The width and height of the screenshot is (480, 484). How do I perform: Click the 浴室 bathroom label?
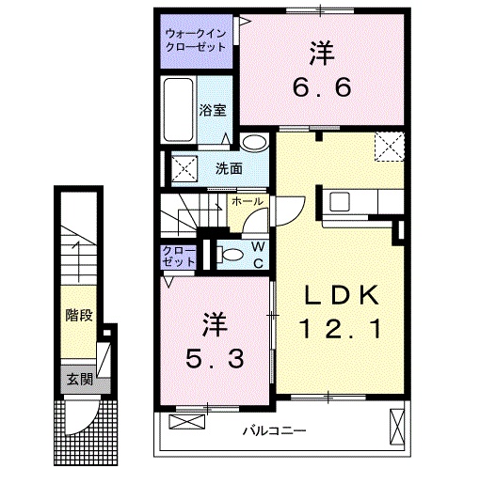click(x=213, y=110)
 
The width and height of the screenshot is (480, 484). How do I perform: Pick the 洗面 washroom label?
click(x=229, y=169)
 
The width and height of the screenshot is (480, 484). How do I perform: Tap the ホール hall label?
click(x=247, y=201)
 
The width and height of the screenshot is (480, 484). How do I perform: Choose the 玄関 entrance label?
click(x=80, y=380)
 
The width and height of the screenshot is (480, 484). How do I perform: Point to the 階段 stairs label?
click(x=79, y=314)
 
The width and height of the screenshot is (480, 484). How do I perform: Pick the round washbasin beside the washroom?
click(x=252, y=143)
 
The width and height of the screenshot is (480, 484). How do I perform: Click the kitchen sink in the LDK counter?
click(x=341, y=200)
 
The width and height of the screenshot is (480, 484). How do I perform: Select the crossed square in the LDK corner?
click(x=389, y=148)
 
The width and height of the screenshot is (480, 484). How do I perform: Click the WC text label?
click(x=256, y=255)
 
